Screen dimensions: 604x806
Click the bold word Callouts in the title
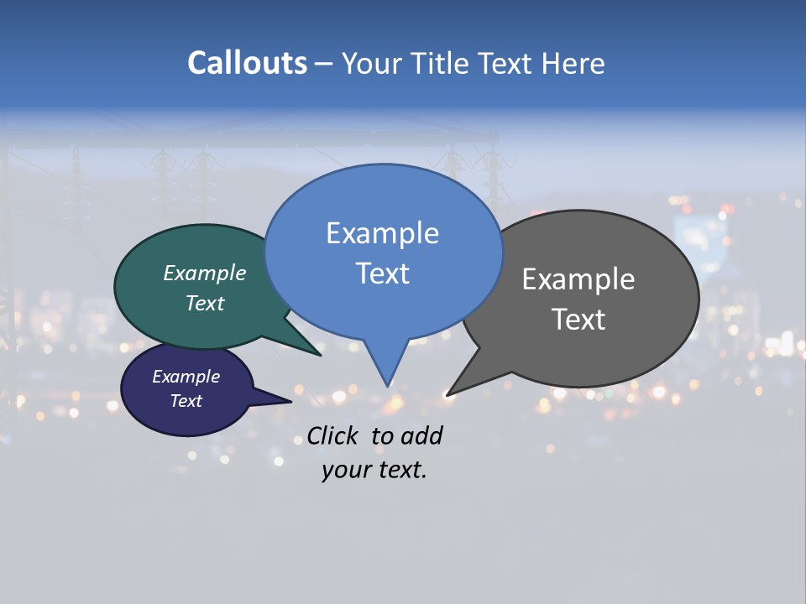click(x=247, y=63)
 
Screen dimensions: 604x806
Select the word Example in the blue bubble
click(x=382, y=233)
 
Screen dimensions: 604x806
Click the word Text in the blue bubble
click(x=382, y=273)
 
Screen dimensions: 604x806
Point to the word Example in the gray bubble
click(x=578, y=279)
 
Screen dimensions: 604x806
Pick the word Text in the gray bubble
click(x=578, y=320)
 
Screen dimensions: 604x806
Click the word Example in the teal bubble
click(x=205, y=273)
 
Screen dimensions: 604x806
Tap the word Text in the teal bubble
click(x=205, y=303)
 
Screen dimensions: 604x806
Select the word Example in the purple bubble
click(x=186, y=377)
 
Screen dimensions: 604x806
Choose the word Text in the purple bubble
click(x=186, y=401)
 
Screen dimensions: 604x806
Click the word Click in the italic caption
click(x=333, y=435)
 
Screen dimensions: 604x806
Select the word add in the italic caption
click(x=422, y=435)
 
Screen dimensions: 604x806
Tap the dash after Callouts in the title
click(x=323, y=63)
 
